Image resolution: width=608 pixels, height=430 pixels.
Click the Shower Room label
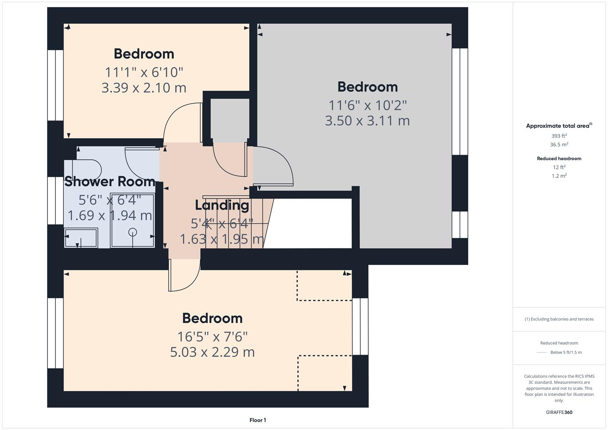(x=110, y=182)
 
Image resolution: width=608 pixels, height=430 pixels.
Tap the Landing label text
(x=222, y=205)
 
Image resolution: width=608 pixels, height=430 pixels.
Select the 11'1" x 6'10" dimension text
(x=144, y=72)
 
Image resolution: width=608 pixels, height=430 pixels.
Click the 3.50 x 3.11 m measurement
(x=367, y=121)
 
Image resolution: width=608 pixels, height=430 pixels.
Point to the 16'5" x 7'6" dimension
(x=212, y=337)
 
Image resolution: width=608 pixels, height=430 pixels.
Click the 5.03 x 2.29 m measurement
(x=212, y=352)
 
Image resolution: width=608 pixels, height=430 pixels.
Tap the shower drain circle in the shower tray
(x=133, y=232)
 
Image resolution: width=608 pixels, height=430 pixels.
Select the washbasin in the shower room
(x=81, y=238)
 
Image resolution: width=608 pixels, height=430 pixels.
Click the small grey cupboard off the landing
(x=230, y=119)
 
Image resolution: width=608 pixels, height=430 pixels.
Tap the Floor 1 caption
(x=258, y=420)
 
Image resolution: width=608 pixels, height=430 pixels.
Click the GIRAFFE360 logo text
(x=559, y=412)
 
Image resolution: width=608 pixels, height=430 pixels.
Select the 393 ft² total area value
(x=559, y=136)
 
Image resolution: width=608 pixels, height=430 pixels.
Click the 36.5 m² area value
(x=559, y=145)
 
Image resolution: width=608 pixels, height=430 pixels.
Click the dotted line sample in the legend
(x=542, y=352)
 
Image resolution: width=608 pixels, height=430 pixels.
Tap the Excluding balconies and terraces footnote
(x=559, y=319)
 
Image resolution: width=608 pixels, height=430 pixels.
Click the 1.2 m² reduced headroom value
(x=559, y=176)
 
